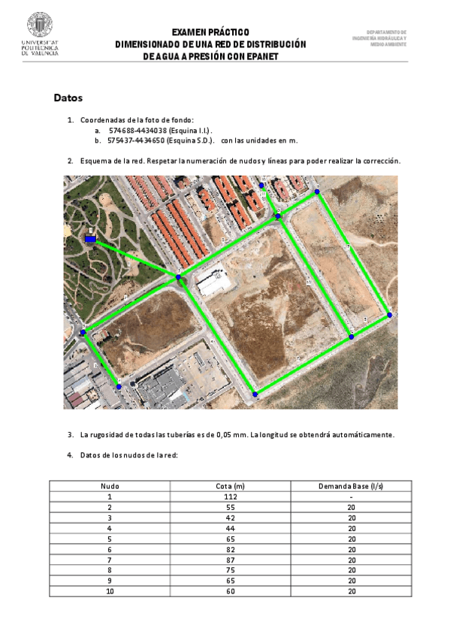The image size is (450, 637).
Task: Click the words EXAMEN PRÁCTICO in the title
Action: [x=210, y=33]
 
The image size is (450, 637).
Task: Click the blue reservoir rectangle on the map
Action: [x=90, y=240]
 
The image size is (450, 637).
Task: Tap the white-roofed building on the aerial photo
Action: [x=213, y=282]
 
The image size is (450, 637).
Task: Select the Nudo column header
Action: [x=110, y=486]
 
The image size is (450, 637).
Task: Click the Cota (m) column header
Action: [x=231, y=486]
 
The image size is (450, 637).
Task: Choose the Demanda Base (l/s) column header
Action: [x=351, y=486]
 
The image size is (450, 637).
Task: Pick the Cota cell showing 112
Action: [x=231, y=497]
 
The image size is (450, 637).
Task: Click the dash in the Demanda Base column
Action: [x=351, y=497]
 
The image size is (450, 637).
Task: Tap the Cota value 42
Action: [x=231, y=518]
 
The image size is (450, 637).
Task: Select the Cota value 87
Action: [x=231, y=560]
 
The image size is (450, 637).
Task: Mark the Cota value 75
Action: [x=231, y=570]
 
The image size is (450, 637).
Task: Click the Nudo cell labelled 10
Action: [x=110, y=591]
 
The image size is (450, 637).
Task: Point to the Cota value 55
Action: [x=231, y=507]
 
